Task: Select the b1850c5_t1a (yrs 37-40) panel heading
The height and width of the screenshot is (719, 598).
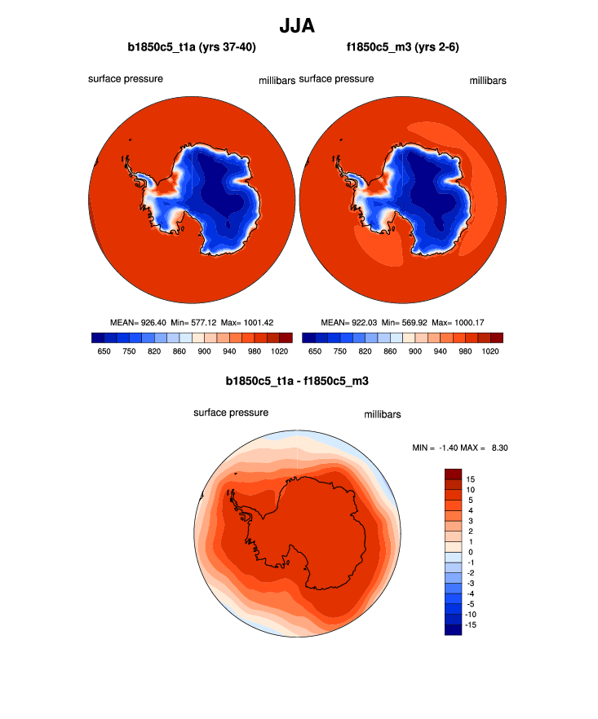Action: (192, 47)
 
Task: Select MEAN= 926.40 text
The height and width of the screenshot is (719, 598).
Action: (138, 322)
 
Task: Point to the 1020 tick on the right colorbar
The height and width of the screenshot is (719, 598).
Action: (490, 351)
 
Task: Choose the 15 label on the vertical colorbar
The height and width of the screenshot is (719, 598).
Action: (470, 479)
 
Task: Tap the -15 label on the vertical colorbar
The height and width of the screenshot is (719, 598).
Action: (472, 624)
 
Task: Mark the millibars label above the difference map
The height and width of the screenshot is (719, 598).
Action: (382, 415)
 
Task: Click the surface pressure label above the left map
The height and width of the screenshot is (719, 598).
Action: (126, 79)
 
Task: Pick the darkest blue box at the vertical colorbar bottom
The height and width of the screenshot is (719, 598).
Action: (453, 629)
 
